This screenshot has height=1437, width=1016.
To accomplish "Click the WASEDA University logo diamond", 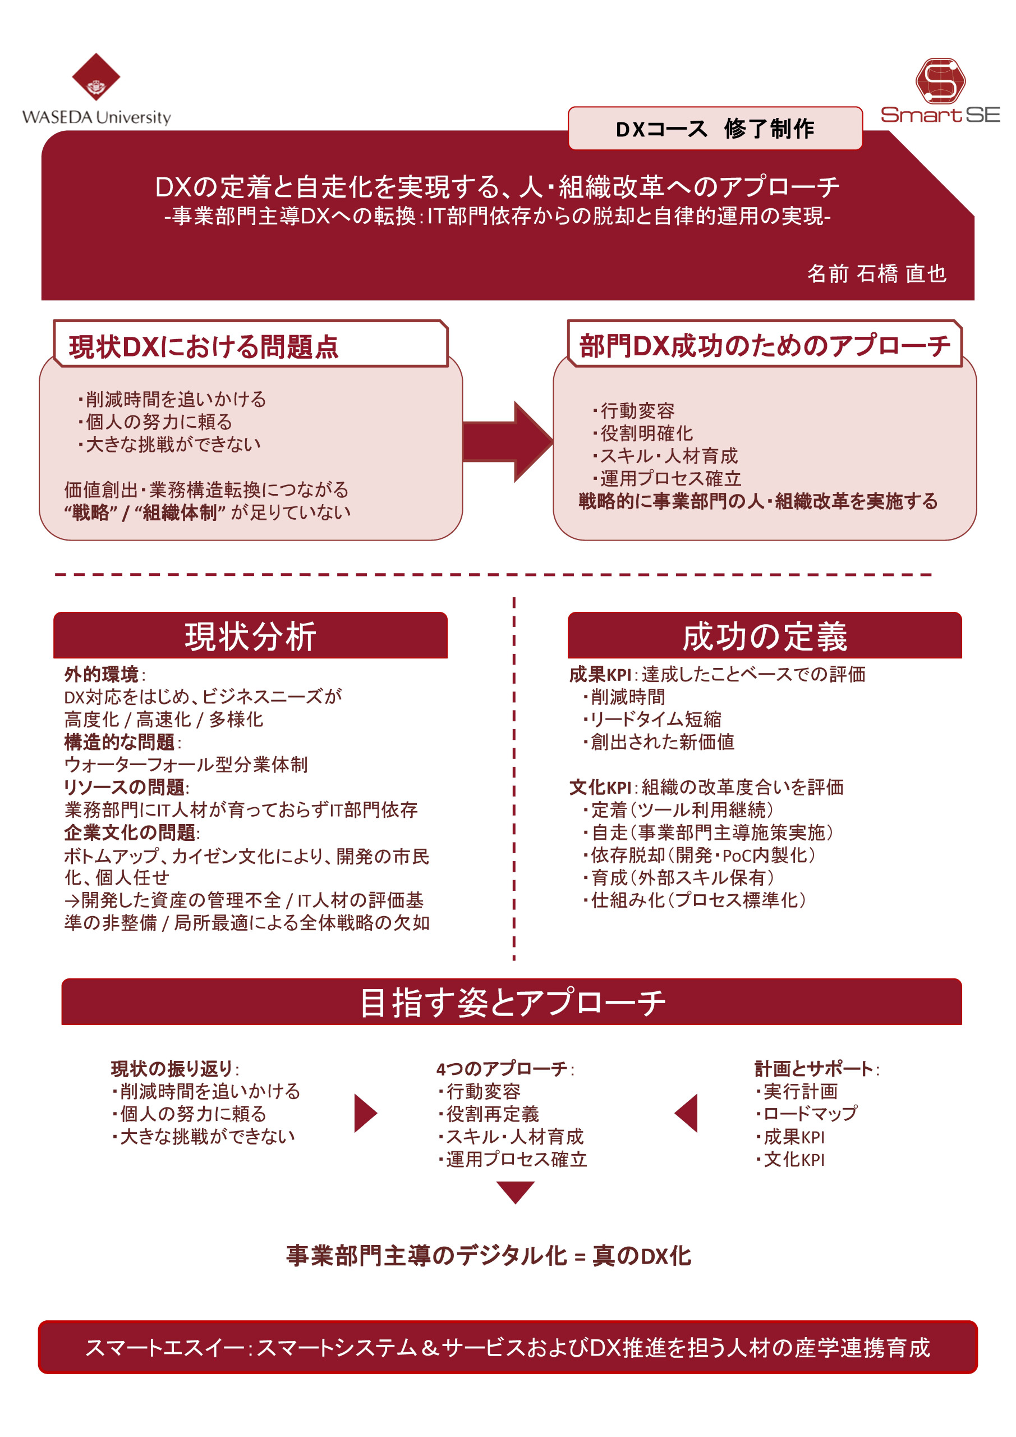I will (x=96, y=77).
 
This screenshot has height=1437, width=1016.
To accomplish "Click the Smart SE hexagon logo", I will (x=940, y=81).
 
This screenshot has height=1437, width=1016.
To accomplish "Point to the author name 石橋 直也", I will (x=901, y=273).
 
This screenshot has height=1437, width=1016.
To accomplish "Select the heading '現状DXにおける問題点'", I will (x=203, y=347).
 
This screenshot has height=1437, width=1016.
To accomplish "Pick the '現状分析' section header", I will (x=250, y=636).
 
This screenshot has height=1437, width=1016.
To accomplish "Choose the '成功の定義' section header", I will (x=764, y=636).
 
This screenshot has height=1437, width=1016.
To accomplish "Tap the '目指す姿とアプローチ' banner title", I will (x=512, y=1002).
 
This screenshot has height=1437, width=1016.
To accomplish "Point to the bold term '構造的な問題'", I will (x=119, y=742).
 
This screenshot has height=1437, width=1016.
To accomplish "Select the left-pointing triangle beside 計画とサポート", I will (x=687, y=1114).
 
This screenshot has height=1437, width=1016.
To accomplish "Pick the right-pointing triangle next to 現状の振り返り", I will (x=365, y=1114).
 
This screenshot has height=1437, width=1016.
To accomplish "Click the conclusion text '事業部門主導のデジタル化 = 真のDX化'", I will (x=488, y=1256).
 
